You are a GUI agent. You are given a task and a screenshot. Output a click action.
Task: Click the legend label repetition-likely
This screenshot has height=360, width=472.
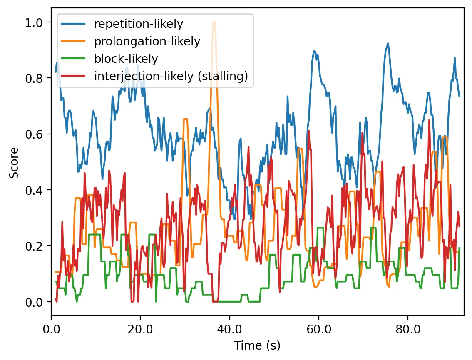tap(139, 24)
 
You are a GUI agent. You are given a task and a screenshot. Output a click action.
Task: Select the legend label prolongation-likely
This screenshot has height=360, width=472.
tap(147, 42)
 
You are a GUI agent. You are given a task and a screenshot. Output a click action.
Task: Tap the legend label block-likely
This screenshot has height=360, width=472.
tap(126, 59)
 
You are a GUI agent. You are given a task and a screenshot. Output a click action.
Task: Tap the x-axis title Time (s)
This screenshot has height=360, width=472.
tap(257, 345)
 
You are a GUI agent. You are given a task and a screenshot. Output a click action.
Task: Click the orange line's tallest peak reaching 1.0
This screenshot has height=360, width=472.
tap(214, 22)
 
